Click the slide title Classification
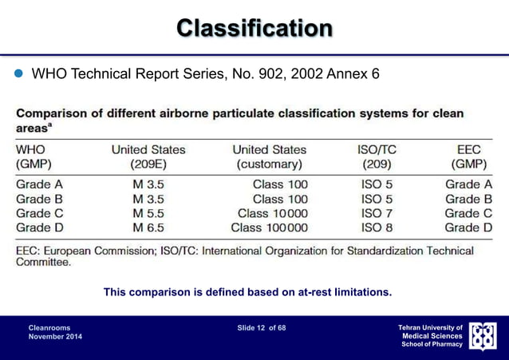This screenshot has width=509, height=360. (254, 29)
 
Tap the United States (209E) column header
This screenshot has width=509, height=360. (148, 156)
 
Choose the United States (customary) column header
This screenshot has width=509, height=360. (269, 156)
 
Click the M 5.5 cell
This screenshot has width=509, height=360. (148, 213)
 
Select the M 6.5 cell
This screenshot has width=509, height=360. (148, 227)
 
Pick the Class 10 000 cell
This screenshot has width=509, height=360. (272, 213)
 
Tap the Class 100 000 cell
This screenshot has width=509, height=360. (269, 227)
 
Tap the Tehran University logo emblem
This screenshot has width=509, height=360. (482, 336)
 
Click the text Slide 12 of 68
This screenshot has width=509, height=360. (262, 327)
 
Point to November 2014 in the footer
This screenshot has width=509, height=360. (54, 337)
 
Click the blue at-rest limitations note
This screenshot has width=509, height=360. (247, 292)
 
